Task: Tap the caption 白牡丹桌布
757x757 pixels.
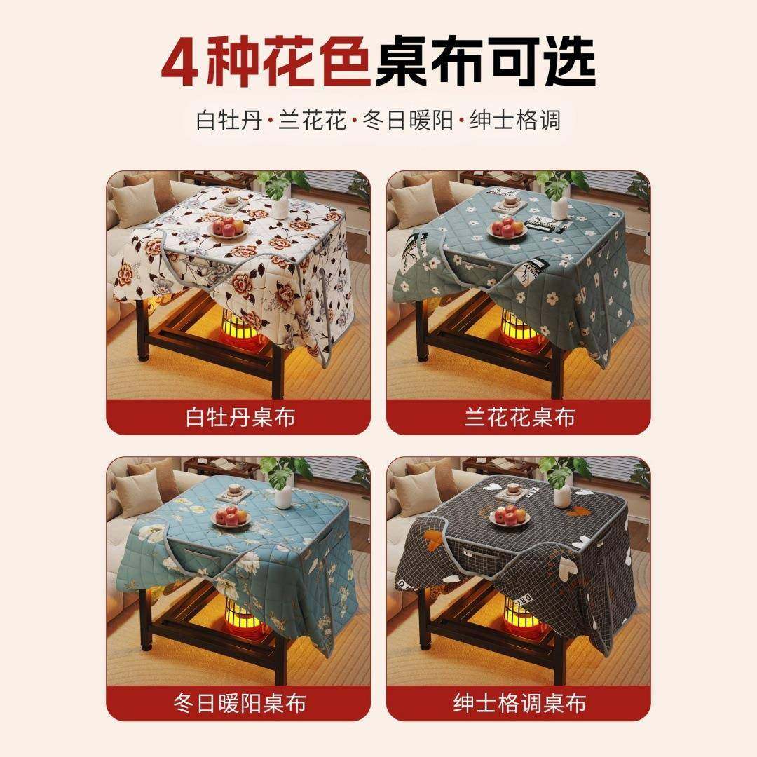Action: (240, 418)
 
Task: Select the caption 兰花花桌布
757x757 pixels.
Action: (519, 418)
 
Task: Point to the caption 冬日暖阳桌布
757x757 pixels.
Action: (240, 703)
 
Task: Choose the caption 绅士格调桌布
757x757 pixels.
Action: (519, 703)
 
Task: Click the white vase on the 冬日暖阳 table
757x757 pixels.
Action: (282, 495)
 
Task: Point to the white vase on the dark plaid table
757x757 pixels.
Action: (561, 495)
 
